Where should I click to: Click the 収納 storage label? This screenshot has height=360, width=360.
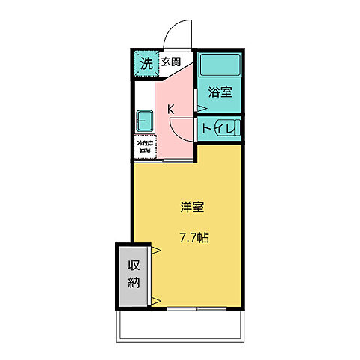pos(133,274)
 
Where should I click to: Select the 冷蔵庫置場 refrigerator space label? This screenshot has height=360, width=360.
pos(144,145)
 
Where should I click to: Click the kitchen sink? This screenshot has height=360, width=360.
pos(144,120)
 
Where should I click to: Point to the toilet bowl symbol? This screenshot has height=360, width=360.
pos(235,127)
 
